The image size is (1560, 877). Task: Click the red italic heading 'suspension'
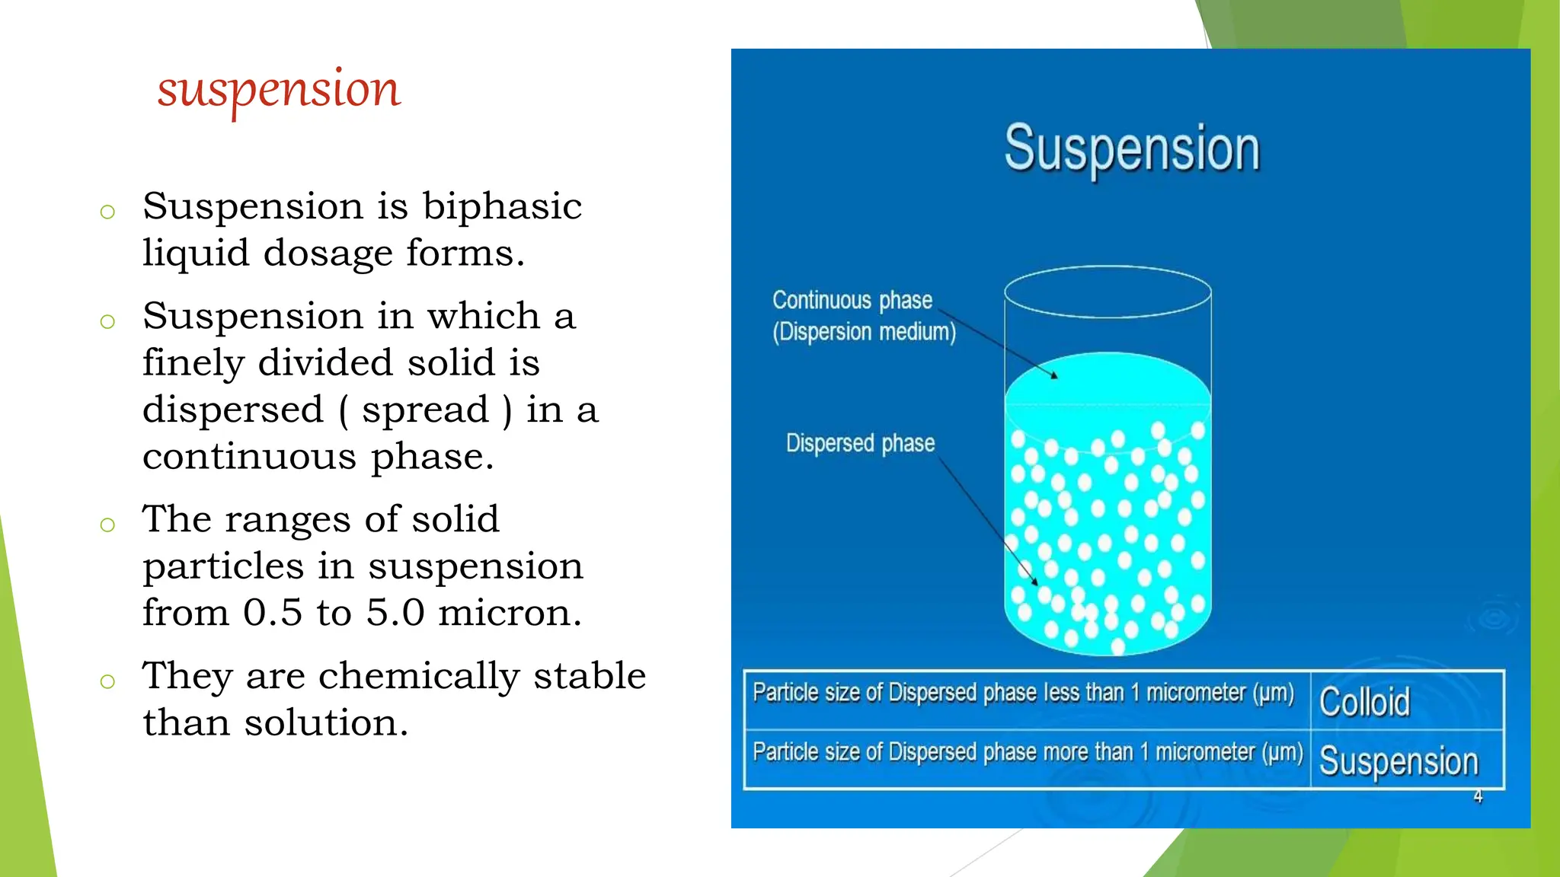[279, 90]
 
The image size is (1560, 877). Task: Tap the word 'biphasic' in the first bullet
[502, 206]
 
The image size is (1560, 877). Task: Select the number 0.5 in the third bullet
[273, 613]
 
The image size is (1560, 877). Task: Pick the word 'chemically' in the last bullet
[418, 676]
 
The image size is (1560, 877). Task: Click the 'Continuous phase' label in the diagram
[852, 300]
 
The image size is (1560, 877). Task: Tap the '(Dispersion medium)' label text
[864, 332]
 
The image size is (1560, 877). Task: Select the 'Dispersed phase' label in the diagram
[860, 443]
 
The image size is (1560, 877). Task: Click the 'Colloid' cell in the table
[1364, 702]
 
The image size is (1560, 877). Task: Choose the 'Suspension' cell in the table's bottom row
[1399, 761]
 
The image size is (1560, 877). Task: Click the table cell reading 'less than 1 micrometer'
[1023, 693]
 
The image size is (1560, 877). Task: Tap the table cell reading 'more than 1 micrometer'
[1027, 752]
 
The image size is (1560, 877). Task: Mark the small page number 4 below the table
[1478, 797]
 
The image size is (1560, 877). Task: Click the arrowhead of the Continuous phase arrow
[1054, 375]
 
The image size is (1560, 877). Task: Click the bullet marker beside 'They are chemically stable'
[107, 681]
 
